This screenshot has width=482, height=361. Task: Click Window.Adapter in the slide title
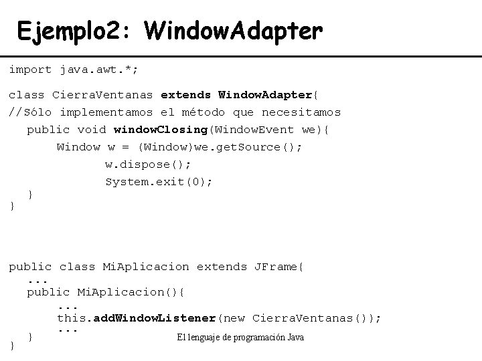[x=233, y=31]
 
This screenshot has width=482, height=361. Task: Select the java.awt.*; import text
[x=100, y=69]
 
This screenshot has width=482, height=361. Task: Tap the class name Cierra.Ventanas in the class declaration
[x=102, y=95]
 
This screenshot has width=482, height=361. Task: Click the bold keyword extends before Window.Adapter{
[x=186, y=95]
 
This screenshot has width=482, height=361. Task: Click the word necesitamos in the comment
[x=301, y=112]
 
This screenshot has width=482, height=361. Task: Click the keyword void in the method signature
[x=92, y=130]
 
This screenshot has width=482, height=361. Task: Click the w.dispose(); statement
[x=148, y=164]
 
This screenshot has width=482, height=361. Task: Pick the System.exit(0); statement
[x=159, y=182]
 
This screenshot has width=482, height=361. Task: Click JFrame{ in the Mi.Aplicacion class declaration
[x=278, y=267]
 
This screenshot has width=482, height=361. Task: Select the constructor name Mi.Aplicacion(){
[x=131, y=292]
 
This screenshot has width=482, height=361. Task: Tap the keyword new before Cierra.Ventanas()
[x=234, y=318]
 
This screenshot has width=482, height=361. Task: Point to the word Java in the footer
[x=295, y=338]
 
